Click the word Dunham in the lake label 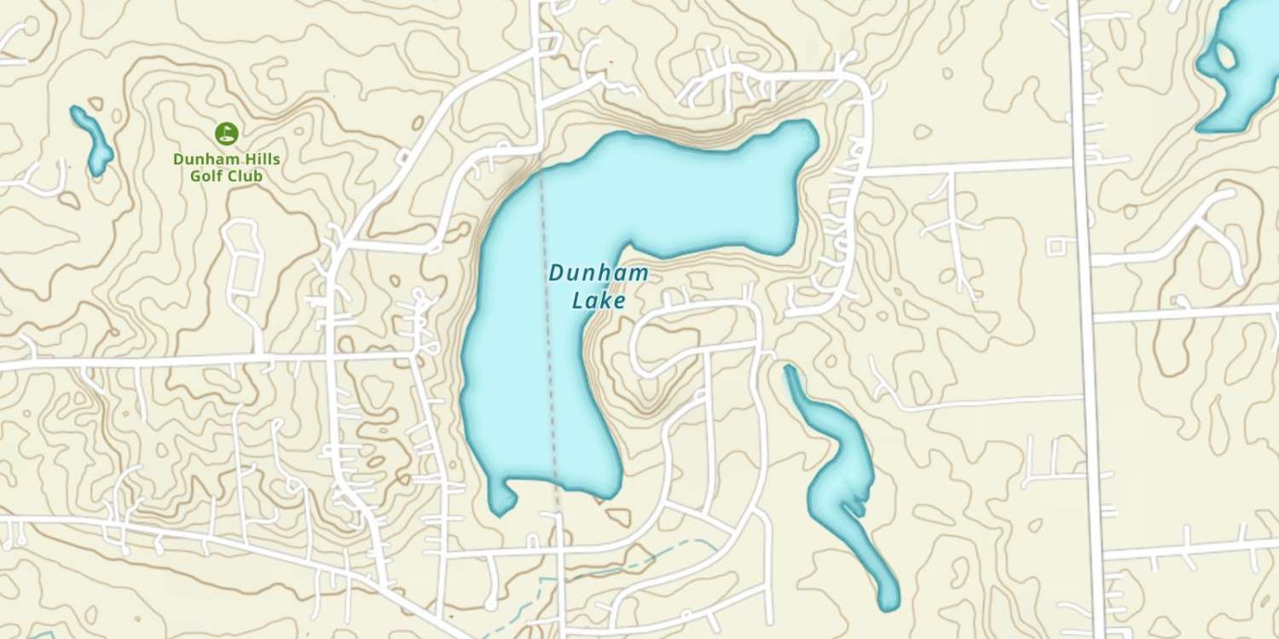coord(598,274)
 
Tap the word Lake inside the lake coord(599,301)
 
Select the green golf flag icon coord(226,133)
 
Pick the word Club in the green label coord(246,176)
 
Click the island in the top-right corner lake coord(1226,57)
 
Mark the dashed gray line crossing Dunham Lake coord(547,341)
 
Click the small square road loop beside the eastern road coord(1056,246)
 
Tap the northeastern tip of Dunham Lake coord(807,130)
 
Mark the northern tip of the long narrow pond coord(789,371)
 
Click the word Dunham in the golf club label coord(207,159)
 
